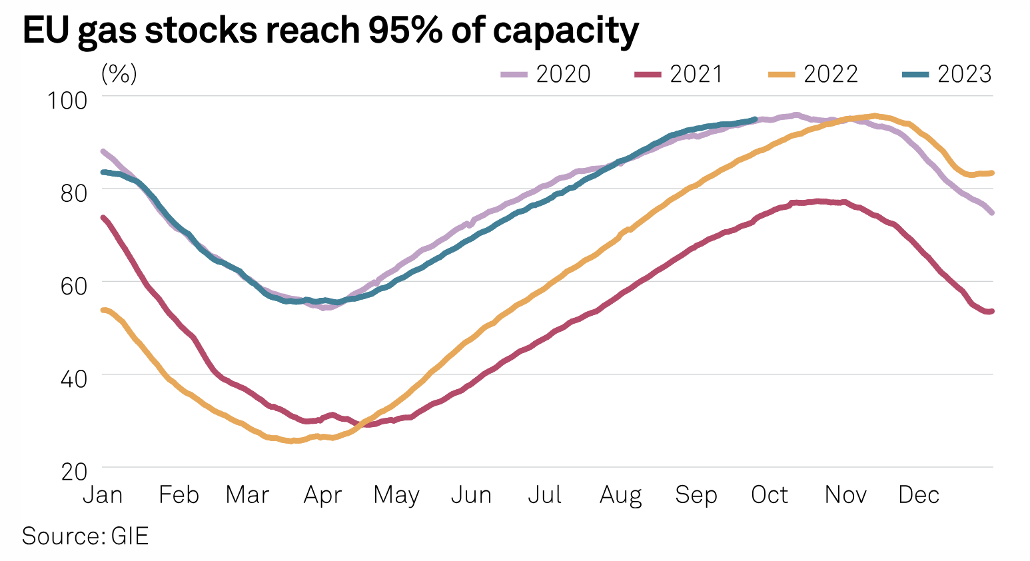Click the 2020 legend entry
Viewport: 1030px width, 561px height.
[546, 74]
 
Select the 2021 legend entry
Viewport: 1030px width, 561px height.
[679, 74]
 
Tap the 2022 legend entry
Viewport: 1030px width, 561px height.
[813, 74]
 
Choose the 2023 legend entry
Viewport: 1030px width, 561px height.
[947, 74]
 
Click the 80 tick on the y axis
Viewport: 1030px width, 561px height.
[73, 193]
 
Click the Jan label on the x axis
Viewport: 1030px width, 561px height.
[102, 495]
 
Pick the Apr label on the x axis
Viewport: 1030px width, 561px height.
[322, 495]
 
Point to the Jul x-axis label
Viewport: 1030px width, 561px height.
[545, 495]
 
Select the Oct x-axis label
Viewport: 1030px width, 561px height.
[770, 495]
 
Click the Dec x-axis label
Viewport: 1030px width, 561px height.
[919, 495]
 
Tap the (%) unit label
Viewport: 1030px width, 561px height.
[119, 73]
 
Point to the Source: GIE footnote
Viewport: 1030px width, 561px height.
[85, 536]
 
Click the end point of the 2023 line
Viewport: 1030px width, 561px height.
[755, 119]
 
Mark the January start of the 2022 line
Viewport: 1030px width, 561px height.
[103, 310]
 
